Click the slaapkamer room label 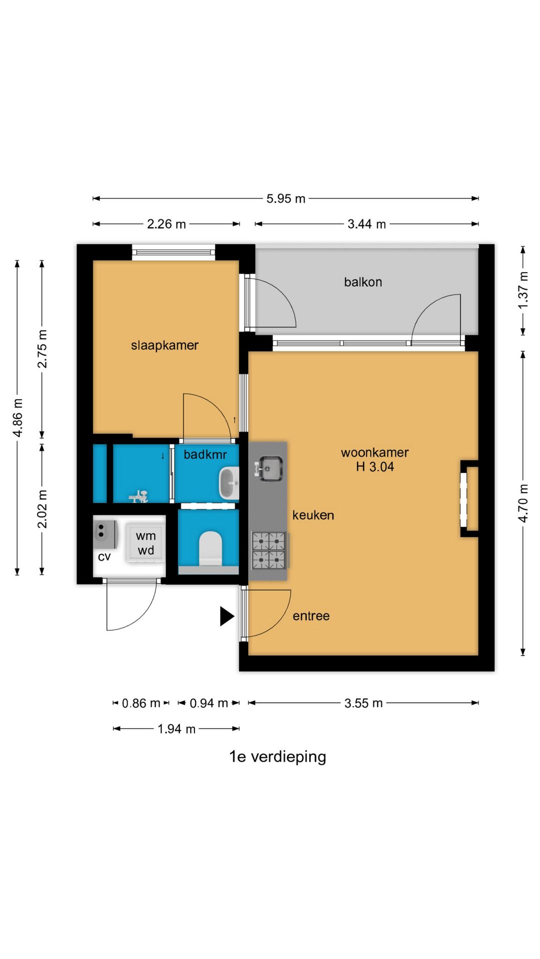click(x=164, y=345)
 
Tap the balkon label click(x=363, y=282)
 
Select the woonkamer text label click(x=375, y=453)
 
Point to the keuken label click(x=313, y=515)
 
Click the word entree click(x=311, y=616)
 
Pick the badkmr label click(x=205, y=455)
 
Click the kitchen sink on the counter click(x=269, y=469)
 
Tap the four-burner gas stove click(x=269, y=550)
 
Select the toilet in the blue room click(x=210, y=548)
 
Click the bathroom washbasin click(x=229, y=483)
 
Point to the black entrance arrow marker click(x=227, y=616)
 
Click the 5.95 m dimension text click(x=285, y=199)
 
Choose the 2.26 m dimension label click(x=166, y=224)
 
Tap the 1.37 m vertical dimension click(x=523, y=290)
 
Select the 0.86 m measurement click(x=141, y=703)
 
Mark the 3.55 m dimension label click(x=363, y=703)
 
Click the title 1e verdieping click(x=277, y=757)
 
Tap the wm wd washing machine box click(x=145, y=543)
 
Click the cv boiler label click(x=104, y=557)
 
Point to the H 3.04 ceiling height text click(x=375, y=467)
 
